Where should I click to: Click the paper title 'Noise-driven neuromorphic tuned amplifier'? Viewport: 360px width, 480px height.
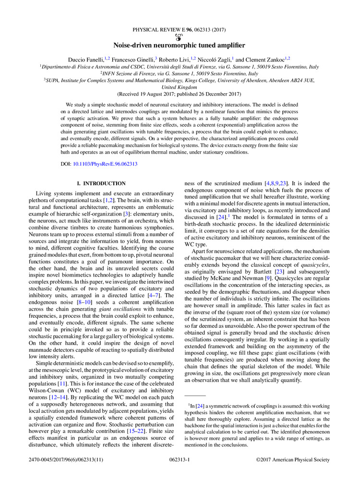pyautogui.click(x=180, y=45)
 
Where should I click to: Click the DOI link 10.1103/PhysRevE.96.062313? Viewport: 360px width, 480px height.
pyautogui.click(x=105, y=164)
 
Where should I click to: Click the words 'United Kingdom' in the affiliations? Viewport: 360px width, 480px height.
pyautogui.click(x=180, y=88)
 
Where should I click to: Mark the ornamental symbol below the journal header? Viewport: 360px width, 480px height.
pyautogui.click(x=180, y=37)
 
